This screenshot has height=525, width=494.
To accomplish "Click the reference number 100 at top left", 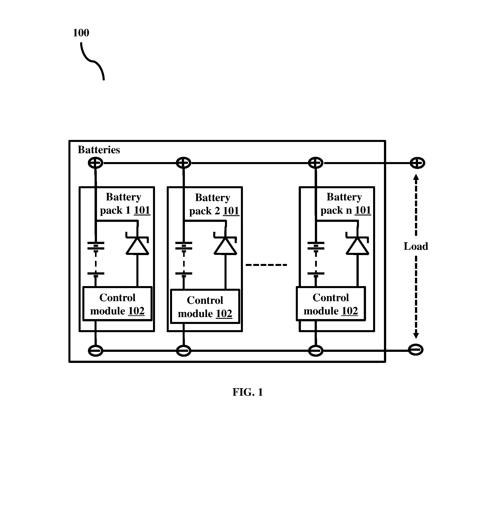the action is [81, 33].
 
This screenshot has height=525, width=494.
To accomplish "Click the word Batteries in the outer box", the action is [99, 150].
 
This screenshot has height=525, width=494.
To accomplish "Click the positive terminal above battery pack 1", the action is [95, 163].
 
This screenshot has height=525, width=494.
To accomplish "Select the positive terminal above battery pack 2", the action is [184, 163].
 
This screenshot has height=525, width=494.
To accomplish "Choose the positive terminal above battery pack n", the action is [316, 163].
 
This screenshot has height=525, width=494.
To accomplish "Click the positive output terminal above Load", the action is [417, 163].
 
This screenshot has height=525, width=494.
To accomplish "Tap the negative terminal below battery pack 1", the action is [95, 351].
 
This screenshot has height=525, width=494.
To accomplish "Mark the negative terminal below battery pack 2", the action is [184, 351].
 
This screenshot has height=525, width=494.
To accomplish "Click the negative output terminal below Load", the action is [416, 350].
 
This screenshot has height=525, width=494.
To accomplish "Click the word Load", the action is [416, 246].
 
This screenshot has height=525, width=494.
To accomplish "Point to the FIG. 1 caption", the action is [248, 392].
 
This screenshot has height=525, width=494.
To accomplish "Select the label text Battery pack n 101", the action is [346, 204].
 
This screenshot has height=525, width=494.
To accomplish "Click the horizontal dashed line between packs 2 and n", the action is [266, 265].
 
